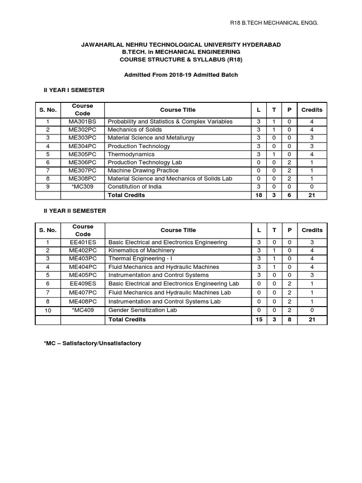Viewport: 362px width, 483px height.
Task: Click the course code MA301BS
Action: click(82, 121)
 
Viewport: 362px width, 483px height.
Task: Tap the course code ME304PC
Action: click(82, 146)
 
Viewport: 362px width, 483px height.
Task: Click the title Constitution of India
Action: click(134, 187)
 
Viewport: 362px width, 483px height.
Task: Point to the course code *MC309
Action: click(82, 187)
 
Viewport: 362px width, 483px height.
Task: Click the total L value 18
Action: click(258, 195)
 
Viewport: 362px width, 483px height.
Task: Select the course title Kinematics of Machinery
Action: click(141, 250)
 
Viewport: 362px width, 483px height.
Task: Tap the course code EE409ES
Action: click(82, 283)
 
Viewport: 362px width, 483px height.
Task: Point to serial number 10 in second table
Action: click(48, 311)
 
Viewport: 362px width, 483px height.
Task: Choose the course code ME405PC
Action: click(82, 275)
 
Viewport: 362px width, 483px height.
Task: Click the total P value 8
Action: click(289, 319)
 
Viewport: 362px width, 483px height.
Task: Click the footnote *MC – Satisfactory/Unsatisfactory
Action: click(92, 343)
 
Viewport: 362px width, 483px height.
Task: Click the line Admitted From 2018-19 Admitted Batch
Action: click(181, 75)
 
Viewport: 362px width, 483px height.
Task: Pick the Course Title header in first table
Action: click(177, 109)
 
